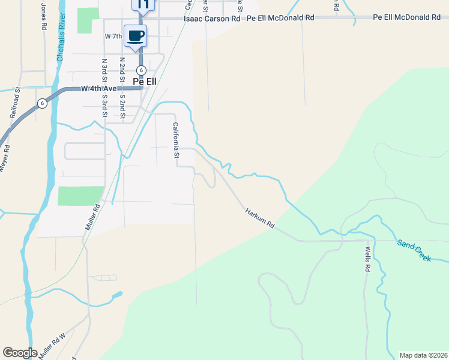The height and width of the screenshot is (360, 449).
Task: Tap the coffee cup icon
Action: click(x=136, y=35)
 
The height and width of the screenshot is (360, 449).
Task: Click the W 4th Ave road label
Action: click(x=98, y=89)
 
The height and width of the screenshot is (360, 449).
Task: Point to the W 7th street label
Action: click(x=113, y=37)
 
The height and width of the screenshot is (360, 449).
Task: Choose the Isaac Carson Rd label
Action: click(x=211, y=19)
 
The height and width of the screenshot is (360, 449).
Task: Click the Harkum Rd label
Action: click(x=260, y=218)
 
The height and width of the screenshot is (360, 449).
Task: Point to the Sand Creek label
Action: click(x=414, y=250)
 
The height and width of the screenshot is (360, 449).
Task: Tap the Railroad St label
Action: click(x=15, y=103)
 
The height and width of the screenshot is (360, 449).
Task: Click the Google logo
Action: click(x=20, y=353)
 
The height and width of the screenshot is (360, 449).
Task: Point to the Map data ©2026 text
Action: click(x=423, y=355)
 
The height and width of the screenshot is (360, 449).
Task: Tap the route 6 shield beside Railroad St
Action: click(x=41, y=103)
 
